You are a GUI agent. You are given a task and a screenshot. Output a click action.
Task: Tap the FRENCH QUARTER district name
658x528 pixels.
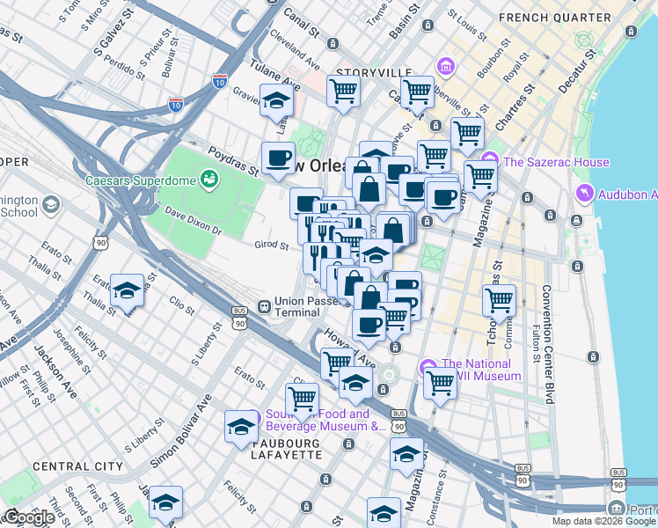(x=567, y=18)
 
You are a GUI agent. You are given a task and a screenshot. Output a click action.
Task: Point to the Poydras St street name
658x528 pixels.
(x=232, y=160)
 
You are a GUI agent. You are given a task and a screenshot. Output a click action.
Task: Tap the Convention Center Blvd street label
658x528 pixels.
(x=547, y=343)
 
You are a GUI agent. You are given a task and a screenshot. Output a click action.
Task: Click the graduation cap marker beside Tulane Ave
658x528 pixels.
(x=276, y=100)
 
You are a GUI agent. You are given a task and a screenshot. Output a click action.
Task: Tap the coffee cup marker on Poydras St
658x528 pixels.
(x=280, y=158)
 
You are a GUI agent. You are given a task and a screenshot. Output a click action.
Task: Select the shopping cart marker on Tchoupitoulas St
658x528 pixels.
(x=499, y=300)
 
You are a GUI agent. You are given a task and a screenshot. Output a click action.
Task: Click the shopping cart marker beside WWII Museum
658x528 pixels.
(x=440, y=382)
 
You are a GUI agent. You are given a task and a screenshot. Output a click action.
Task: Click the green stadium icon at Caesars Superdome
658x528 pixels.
(x=209, y=180)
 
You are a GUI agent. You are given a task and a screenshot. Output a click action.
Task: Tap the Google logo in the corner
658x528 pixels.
(x=29, y=518)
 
